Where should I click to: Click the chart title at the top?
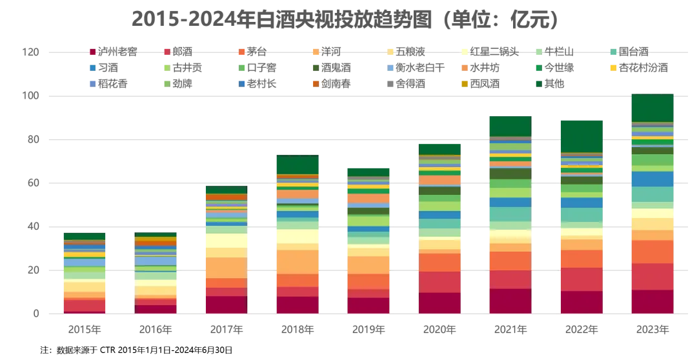342,20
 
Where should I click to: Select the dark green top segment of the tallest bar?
652,107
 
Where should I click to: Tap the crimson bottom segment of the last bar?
652,301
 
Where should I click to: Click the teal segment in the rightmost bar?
652,194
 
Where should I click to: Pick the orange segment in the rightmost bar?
652,252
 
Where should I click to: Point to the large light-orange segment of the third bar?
226,267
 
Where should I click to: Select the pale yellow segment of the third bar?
226,241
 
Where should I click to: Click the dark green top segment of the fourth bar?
297,164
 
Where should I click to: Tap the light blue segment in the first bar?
85,263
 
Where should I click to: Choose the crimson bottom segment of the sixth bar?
439,302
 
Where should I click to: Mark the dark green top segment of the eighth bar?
581,135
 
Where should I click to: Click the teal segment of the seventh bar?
510,214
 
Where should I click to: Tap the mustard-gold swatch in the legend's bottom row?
464,83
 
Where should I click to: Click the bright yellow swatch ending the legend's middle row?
614,67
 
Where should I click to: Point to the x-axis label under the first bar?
85,330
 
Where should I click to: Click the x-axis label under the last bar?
652,330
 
